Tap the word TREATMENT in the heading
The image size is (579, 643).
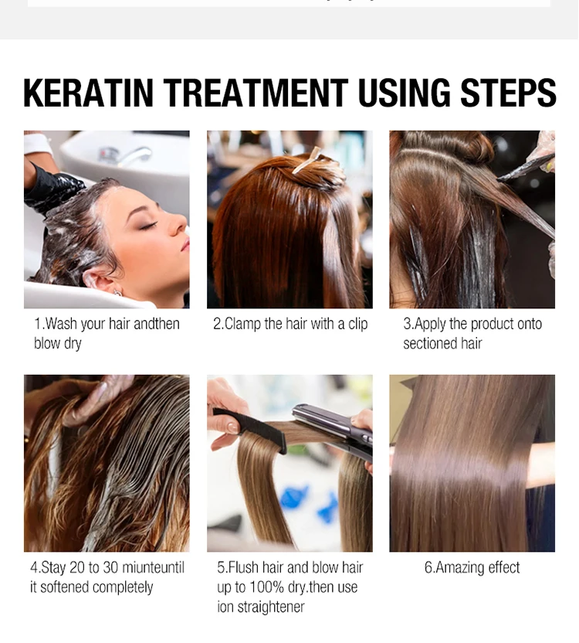(x=256, y=94)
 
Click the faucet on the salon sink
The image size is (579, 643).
(x=131, y=155)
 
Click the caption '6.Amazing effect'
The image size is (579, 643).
(x=472, y=568)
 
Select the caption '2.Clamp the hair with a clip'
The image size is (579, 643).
(x=290, y=324)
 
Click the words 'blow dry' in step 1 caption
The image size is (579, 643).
(x=58, y=344)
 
